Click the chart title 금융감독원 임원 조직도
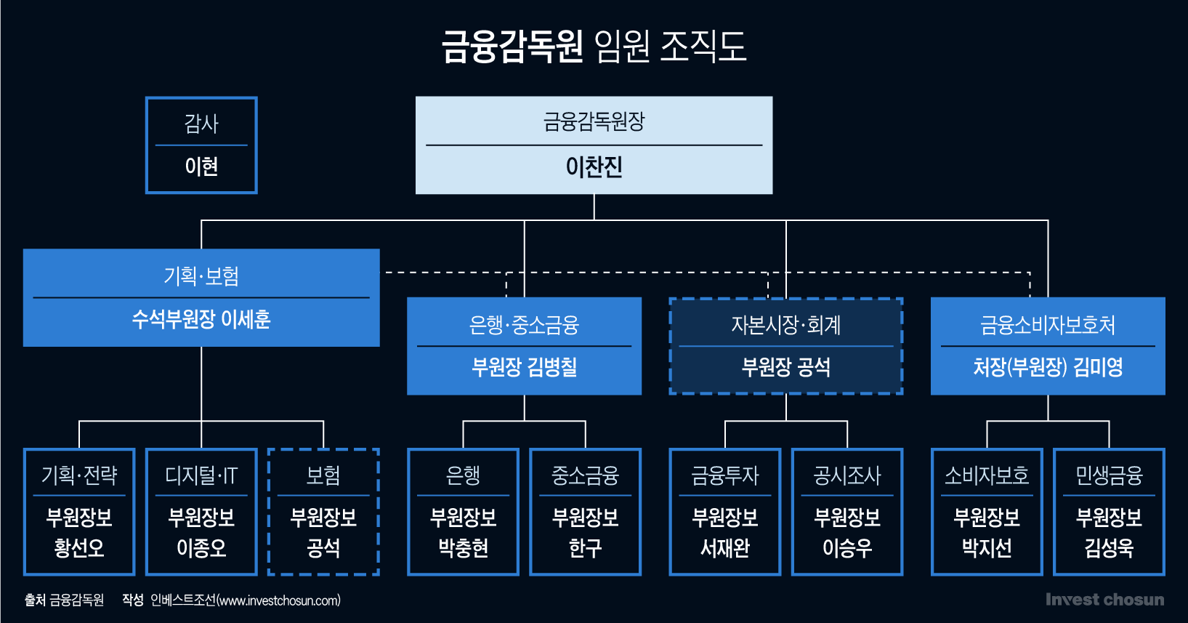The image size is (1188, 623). coord(594,46)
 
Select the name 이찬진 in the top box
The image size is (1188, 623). coord(594,167)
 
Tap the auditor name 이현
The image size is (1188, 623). coord(201,166)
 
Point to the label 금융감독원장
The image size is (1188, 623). coord(594,121)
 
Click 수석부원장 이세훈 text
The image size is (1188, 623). coord(201,319)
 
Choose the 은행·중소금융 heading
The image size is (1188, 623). coord(524,325)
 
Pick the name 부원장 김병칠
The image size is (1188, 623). coord(524,367)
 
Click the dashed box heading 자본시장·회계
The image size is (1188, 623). coord(785,325)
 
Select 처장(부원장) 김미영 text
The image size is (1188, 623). coord(1048,367)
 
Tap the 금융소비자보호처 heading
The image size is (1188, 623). coord(1048,325)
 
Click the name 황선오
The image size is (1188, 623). coord(79,547)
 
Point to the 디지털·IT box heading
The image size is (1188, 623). coord(201,475)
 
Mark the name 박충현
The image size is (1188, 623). coord(463,547)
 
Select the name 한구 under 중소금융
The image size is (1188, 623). coord(585,547)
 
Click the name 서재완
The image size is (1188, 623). coord(724,547)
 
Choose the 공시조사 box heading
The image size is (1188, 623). coord(846,475)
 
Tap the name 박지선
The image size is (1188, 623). coord(986,547)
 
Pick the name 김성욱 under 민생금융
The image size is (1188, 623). coord(1109,547)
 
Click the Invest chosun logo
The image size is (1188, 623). coord(1104,600)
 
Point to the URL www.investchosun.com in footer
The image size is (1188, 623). coord(279,600)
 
